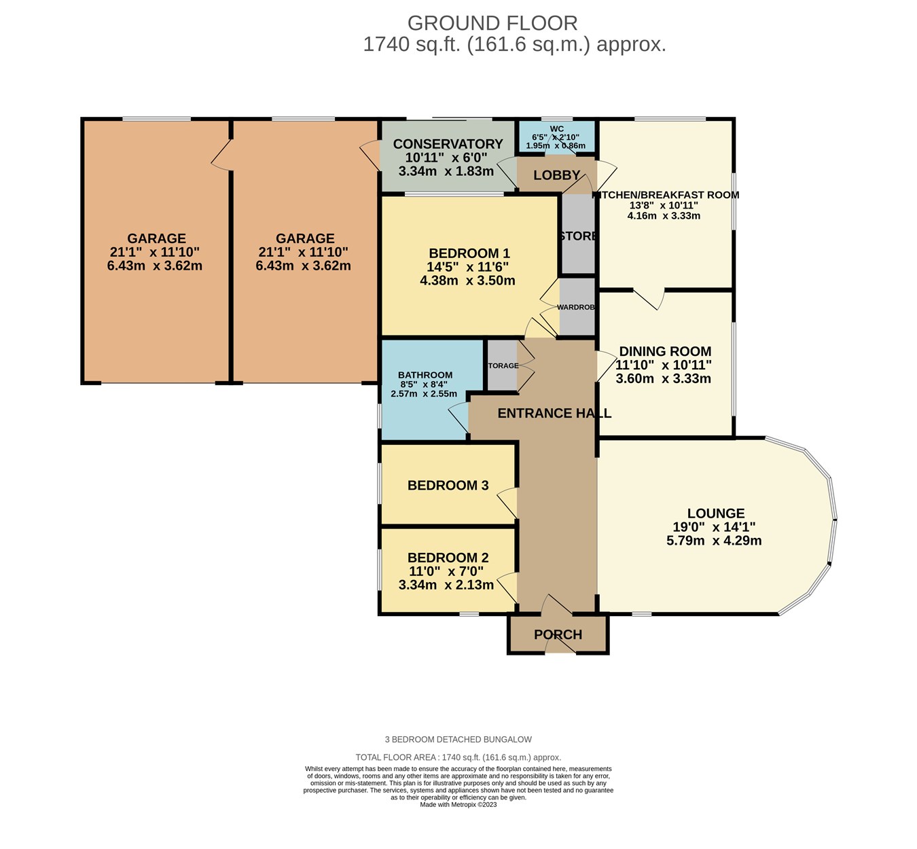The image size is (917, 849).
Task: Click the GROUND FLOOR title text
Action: (x=492, y=23)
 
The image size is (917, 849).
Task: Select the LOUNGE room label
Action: (x=715, y=513)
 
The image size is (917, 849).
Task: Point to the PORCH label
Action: (x=558, y=634)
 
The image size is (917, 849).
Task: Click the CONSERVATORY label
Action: (x=448, y=144)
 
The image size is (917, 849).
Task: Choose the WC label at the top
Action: (x=556, y=128)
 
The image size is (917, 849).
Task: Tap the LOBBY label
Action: (x=556, y=175)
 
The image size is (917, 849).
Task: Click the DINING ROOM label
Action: (x=665, y=351)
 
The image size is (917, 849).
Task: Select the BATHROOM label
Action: (x=425, y=375)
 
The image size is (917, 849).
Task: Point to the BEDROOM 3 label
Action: (x=448, y=485)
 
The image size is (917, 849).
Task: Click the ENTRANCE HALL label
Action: (x=554, y=413)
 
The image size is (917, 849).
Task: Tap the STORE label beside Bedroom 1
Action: (x=578, y=236)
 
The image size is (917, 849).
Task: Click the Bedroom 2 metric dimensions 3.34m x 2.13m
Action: (x=446, y=585)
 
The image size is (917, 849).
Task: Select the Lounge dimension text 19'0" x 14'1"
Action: (x=714, y=527)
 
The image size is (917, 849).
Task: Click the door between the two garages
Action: (x=222, y=156)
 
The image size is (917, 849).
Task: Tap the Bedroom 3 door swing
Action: (x=507, y=503)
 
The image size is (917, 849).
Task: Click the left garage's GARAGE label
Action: (x=156, y=238)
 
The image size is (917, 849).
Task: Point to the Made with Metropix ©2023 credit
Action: (x=458, y=804)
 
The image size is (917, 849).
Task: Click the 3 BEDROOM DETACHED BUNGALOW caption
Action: (x=458, y=739)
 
